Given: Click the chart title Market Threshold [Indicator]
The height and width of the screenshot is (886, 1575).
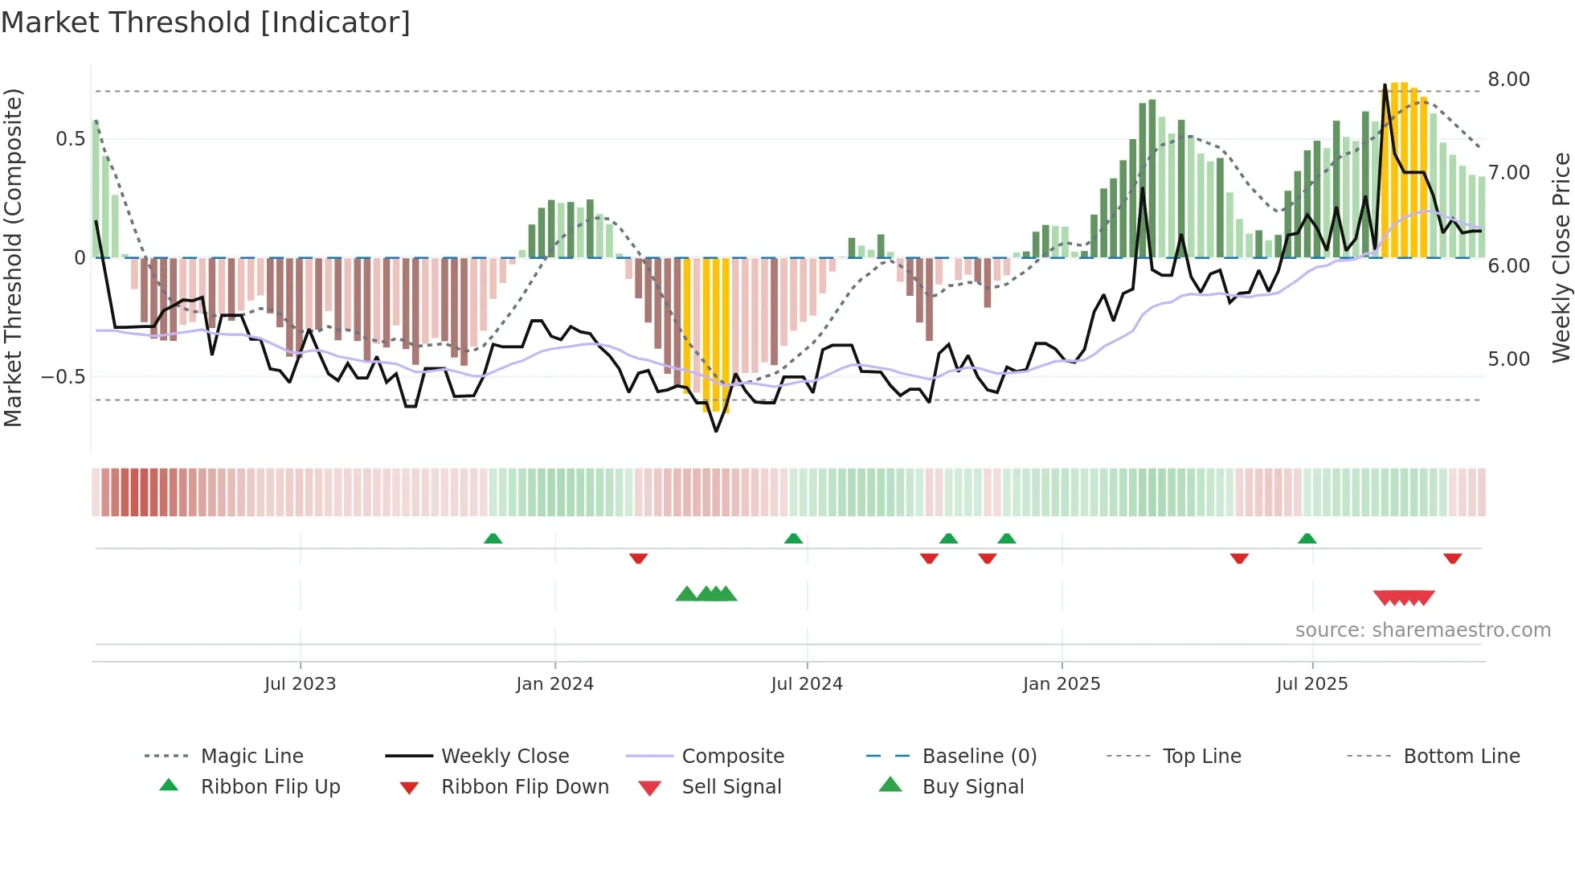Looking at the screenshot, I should [206, 23].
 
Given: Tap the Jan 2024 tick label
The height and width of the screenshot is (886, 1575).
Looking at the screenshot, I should [554, 683].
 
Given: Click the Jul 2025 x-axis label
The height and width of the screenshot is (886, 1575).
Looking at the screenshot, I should [1311, 683].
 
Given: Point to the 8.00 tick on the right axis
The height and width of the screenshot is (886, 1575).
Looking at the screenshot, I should [1508, 79].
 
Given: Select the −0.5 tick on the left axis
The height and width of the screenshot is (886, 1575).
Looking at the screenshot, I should [63, 376].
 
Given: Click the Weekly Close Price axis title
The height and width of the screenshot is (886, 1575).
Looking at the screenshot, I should [1561, 257].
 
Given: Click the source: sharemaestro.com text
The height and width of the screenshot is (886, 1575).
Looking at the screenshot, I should [1422, 630].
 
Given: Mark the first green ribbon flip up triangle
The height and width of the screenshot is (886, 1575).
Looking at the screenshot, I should [493, 539].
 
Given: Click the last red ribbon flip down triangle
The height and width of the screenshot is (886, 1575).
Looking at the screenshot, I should [1452, 558].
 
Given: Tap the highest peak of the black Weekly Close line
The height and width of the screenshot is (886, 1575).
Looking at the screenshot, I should [1385, 84].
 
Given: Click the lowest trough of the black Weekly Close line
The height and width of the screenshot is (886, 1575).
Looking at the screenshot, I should [716, 431].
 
